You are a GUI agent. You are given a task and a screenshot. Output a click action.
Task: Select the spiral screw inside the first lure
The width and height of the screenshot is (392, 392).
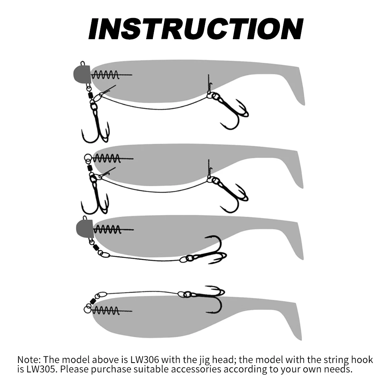point(106,74)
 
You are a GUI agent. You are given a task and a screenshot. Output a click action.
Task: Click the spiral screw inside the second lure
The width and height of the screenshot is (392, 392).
point(106,159)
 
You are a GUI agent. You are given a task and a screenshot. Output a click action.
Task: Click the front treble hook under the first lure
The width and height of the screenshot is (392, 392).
point(95,125)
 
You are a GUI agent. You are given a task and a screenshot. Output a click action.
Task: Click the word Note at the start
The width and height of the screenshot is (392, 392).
point(28,359)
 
